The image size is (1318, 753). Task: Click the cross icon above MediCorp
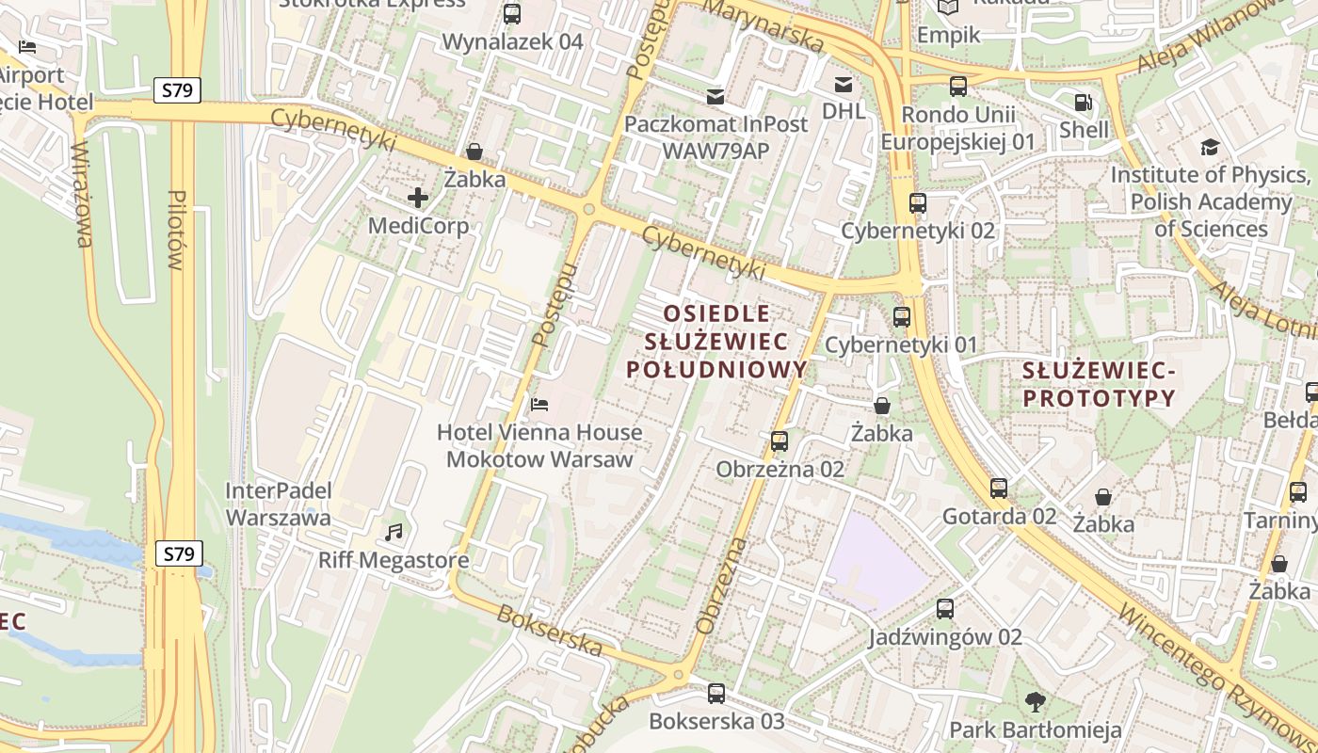point(418,198)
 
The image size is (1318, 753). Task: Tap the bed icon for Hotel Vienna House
point(539,404)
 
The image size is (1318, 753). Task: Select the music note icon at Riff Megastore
point(394,533)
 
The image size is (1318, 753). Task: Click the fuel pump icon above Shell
point(1084,102)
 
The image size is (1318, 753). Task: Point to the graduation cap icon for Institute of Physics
point(1209,147)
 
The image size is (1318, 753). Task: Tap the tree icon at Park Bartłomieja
point(1035,701)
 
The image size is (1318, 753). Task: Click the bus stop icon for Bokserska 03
point(716,694)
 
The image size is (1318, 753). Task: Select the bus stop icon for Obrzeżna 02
point(779,441)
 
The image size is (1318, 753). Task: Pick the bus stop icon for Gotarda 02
point(999,489)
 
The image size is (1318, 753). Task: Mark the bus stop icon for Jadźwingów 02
point(945,609)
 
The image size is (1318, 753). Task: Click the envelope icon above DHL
point(843,85)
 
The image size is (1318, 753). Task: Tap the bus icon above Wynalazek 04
point(512,13)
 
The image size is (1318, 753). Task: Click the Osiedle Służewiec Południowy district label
point(716,341)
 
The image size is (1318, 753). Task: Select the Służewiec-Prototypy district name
point(1099,384)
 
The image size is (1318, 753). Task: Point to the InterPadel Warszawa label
point(279,504)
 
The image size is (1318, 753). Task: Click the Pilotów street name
point(176,230)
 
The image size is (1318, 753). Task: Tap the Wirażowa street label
point(83,194)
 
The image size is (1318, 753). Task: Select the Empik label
point(948,35)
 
